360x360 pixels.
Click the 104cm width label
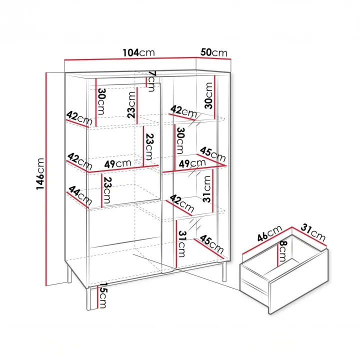(138, 53)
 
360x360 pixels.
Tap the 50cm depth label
(214, 52)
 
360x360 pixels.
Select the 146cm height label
(40, 174)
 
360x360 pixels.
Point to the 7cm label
(152, 81)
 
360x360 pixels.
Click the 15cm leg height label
(102, 295)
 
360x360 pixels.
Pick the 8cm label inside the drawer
(282, 251)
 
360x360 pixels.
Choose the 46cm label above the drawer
(269, 233)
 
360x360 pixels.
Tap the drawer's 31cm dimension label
(313, 232)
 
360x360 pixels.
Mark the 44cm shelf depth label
(80, 195)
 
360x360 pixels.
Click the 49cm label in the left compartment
(118, 163)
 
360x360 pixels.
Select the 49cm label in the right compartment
(192, 163)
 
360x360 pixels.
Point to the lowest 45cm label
(211, 244)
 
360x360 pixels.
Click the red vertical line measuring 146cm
(46, 179)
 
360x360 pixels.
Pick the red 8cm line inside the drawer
(278, 255)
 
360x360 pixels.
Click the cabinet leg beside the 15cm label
(89, 298)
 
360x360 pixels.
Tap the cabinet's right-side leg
(224, 271)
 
